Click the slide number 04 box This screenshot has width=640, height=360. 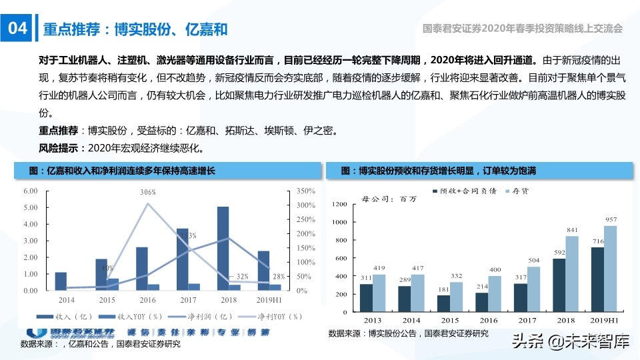coord(17,29)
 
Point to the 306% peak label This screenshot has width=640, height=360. coord(148,193)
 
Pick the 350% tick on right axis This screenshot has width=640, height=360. coord(303,191)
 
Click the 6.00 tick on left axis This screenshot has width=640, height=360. coord(30,191)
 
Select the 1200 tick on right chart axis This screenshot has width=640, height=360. coord(339,204)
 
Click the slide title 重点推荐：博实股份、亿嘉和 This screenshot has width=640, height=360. coord(135,29)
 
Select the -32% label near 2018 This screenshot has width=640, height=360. coord(239,276)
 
